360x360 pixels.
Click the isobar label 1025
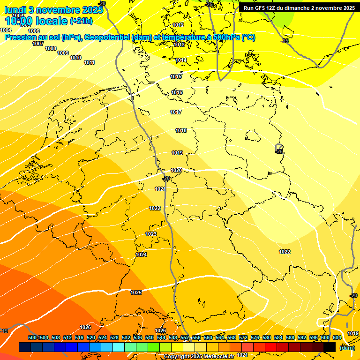(x=136, y=292)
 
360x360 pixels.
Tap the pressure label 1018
(x=181, y=130)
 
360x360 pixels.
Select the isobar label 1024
(x=141, y=255)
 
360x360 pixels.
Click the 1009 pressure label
(x=63, y=53)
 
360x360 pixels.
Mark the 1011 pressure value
(x=89, y=62)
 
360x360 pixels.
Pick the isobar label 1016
(x=177, y=92)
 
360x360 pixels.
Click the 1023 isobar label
(x=151, y=234)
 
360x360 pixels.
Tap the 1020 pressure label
(x=176, y=170)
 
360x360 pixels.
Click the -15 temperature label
(x=4, y=331)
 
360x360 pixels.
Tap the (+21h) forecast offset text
(x=81, y=21)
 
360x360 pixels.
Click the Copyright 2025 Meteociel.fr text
(x=199, y=357)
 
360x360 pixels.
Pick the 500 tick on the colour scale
(x=32, y=337)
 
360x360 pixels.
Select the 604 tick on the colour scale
(x=337, y=337)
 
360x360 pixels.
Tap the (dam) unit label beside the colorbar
(x=347, y=347)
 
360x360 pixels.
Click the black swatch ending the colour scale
(x=330, y=347)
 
